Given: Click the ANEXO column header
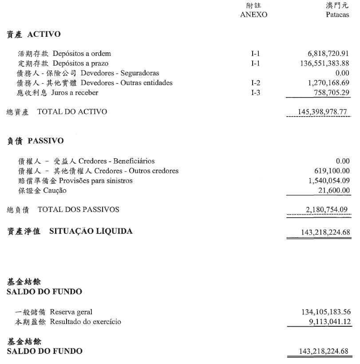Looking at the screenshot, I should [x=253, y=14].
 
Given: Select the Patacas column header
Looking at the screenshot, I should [x=337, y=14].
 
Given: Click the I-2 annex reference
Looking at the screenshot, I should [x=255, y=83].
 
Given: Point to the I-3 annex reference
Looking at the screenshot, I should [x=255, y=93].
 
